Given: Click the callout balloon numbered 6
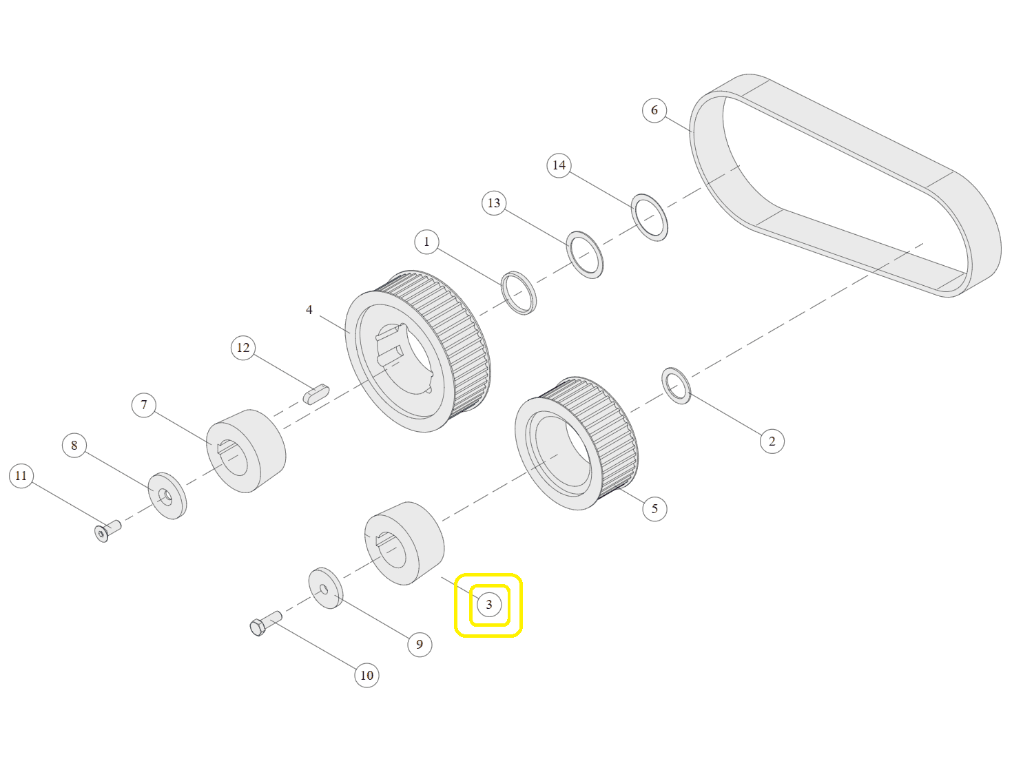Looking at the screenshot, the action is coord(654,110).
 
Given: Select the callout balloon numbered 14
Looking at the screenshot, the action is coord(559,165).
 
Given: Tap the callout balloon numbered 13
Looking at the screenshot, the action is coord(494,202).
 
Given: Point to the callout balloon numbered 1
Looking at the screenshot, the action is coord(426,242).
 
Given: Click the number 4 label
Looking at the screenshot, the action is coord(309,310).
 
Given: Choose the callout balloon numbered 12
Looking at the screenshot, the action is coord(243,347).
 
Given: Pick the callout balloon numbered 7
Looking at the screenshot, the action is coord(144,405).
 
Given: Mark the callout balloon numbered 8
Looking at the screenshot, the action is coord(74,445).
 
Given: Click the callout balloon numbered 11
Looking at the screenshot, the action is coord(21,476).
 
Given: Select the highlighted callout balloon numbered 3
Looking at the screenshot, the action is coord(488,604).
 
